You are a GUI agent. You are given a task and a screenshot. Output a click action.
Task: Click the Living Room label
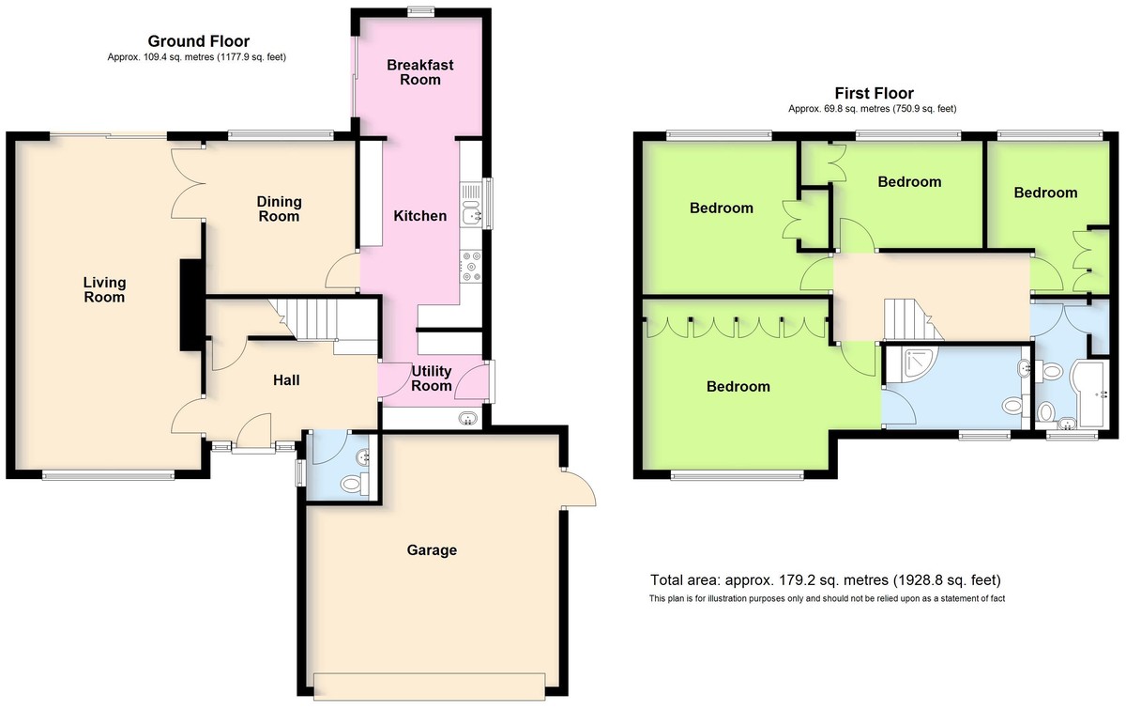(104, 290)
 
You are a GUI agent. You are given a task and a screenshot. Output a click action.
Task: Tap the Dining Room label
(279, 208)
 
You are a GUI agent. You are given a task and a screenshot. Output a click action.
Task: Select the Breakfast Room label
(420, 72)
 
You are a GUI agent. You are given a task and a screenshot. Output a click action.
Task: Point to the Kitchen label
(420, 216)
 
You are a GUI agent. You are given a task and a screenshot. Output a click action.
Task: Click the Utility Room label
(432, 378)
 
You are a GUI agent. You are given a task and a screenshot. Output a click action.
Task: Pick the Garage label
(432, 550)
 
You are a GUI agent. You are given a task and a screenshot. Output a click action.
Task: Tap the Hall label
(286, 380)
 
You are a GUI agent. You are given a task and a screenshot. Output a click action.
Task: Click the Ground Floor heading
(199, 40)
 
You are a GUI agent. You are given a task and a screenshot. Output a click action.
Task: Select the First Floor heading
(875, 93)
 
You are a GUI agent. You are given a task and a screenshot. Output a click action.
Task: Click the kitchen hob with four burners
(471, 266)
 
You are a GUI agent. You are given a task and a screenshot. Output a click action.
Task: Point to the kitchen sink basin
(471, 210)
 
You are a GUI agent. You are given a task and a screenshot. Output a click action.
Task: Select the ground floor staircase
(322, 320)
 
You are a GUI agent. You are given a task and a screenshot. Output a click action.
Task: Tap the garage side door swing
(579, 487)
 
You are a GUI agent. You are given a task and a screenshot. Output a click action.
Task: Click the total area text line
(826, 580)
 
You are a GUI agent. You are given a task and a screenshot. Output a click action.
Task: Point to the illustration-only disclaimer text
(827, 599)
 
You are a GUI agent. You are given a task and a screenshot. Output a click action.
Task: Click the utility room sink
(468, 418)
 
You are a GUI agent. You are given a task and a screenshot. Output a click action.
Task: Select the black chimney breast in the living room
(191, 305)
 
